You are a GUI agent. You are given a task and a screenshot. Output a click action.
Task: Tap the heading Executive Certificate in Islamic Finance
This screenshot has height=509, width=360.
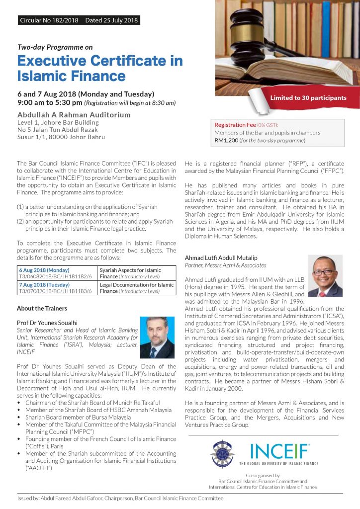pos(99,69)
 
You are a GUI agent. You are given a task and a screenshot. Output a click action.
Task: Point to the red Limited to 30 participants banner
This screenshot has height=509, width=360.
pos(308,98)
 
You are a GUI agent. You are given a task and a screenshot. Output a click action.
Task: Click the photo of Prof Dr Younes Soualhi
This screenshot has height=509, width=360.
pos(157,338)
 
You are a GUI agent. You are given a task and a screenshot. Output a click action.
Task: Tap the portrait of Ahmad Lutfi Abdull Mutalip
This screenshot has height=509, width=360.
pos(325,276)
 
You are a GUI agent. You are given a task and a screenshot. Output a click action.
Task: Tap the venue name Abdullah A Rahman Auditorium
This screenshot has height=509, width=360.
pos(74,115)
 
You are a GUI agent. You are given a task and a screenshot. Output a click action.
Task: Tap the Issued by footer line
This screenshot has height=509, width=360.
pos(119,498)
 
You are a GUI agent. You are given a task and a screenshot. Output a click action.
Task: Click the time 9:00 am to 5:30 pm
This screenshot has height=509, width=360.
pos(50,103)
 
